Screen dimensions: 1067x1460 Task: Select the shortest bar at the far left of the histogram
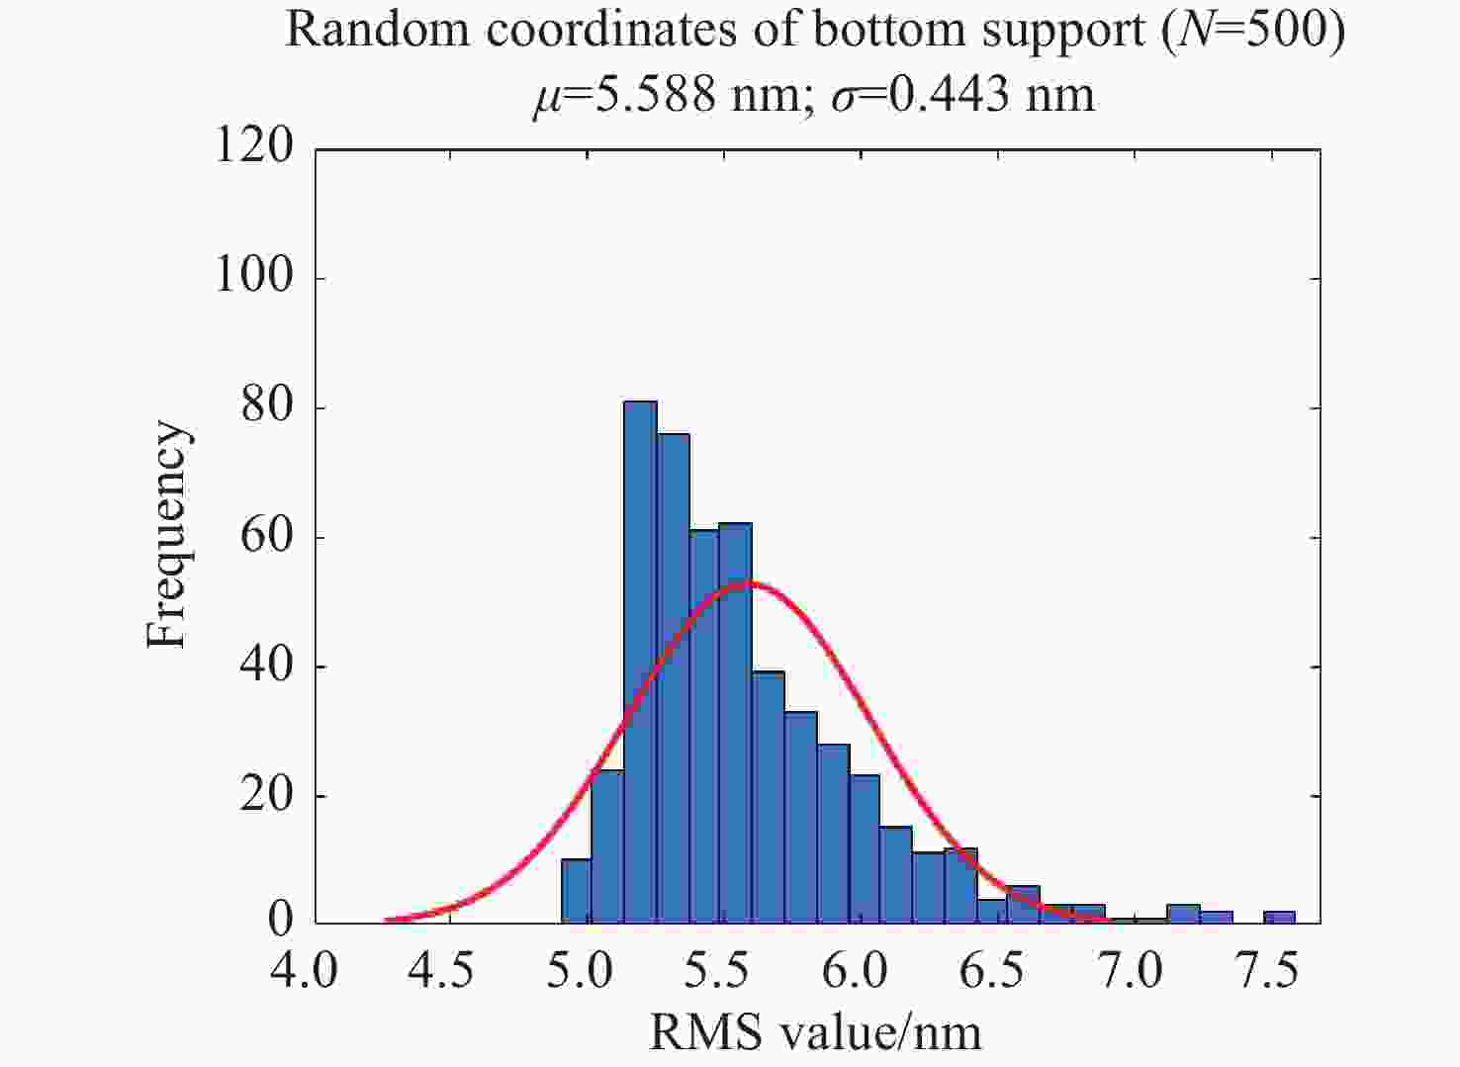click(576, 891)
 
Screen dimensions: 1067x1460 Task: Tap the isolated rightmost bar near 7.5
click(1279, 918)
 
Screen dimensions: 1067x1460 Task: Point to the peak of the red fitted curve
click(749, 582)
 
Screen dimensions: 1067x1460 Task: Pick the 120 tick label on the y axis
click(254, 146)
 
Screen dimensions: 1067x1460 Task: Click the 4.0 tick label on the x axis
click(305, 971)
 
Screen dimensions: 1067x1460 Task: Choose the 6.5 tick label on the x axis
click(992, 971)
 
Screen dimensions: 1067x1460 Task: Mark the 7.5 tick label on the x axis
click(1267, 971)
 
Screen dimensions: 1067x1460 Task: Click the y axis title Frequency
click(166, 535)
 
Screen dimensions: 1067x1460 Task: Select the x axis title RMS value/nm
click(815, 1033)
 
